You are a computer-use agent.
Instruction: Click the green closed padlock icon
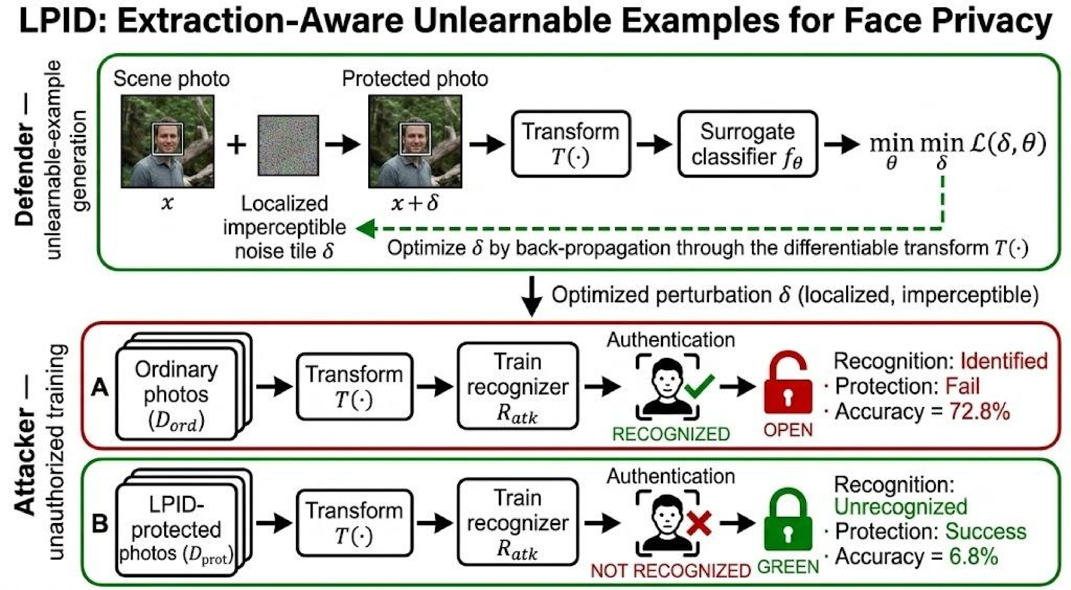pyautogui.click(x=788, y=520)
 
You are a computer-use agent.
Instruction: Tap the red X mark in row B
pyautogui.click(x=699, y=523)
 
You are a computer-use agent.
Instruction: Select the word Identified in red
pyautogui.click(x=1004, y=361)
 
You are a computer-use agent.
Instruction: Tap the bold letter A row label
pyautogui.click(x=100, y=388)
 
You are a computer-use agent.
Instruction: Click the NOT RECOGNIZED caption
pyautogui.click(x=671, y=571)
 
